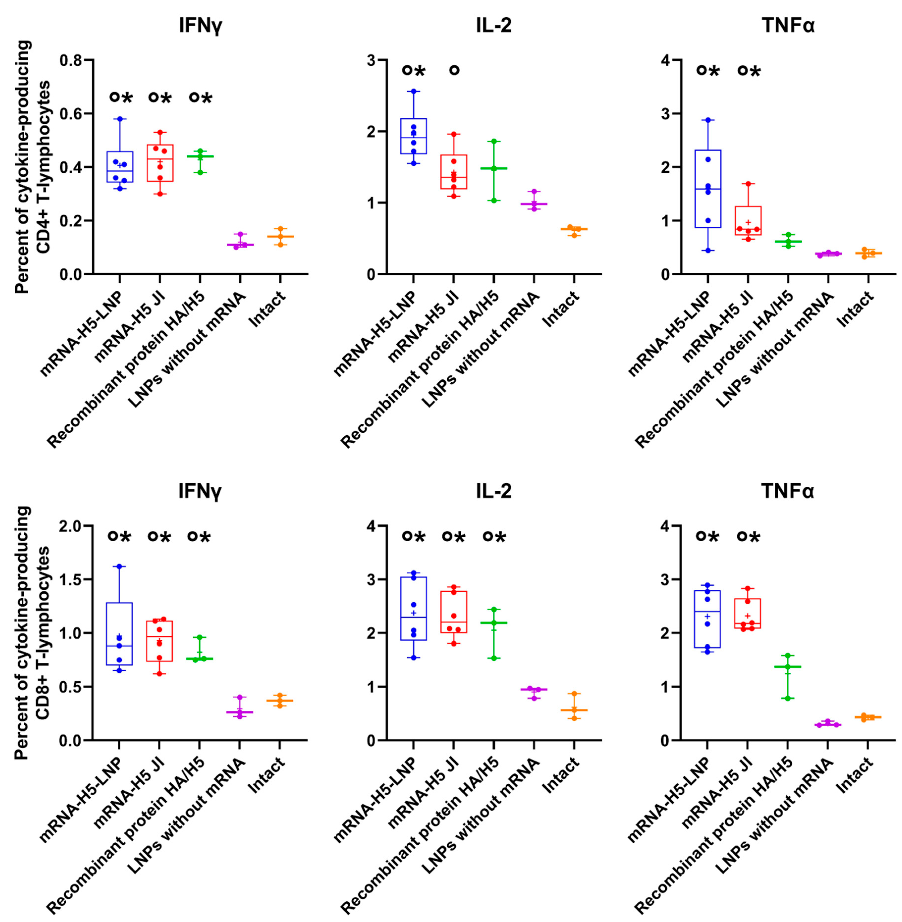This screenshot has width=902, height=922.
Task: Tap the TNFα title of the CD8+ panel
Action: point(788,492)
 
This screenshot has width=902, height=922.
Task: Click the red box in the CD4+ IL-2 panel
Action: point(454,171)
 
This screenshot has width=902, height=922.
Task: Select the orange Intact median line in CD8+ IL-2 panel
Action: point(574,710)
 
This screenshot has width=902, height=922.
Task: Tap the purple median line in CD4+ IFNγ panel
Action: point(240,245)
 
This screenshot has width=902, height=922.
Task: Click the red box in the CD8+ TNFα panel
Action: point(747,613)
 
